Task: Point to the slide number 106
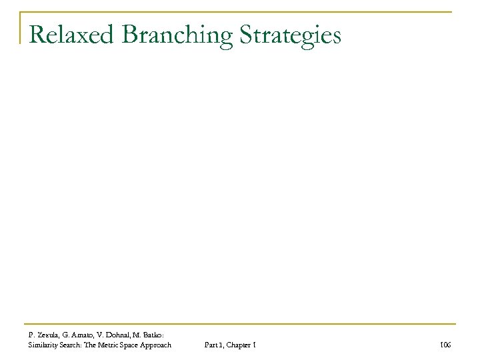click(x=445, y=344)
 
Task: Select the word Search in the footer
click(x=76, y=344)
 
